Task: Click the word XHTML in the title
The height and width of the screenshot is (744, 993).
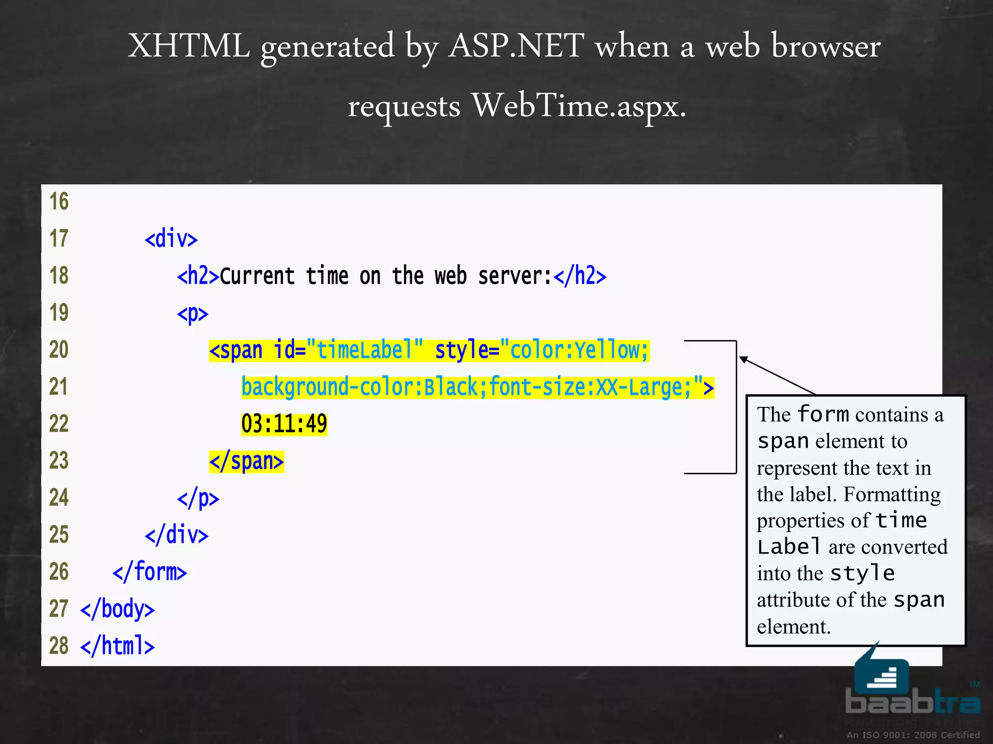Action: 189,47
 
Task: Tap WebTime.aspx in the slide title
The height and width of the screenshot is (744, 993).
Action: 579,106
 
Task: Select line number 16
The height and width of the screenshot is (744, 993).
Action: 59,201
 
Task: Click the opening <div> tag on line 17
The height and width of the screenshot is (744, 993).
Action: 171,239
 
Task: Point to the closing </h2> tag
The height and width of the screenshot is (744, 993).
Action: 580,276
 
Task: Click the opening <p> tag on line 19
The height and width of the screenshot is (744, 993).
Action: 192,313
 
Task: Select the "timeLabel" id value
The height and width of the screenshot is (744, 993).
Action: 365,350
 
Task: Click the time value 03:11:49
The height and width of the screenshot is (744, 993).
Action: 284,424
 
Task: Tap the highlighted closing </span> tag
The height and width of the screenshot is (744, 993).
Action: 246,461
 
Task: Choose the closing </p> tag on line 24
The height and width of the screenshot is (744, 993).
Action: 198,498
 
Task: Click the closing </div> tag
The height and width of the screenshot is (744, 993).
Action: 176,535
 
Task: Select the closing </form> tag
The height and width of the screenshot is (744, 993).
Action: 149,572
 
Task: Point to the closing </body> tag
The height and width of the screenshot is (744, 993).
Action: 117,609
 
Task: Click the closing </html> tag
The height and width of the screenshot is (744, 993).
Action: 117,646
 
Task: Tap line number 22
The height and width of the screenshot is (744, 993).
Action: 59,424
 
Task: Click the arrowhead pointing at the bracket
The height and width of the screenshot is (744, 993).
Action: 744,360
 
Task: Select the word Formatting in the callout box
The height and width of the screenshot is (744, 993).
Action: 892,495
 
